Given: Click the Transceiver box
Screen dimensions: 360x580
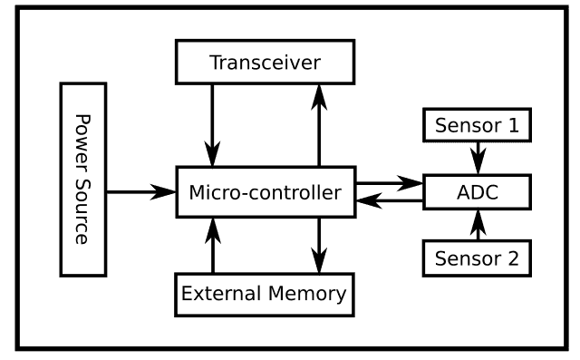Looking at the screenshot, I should pos(265,63).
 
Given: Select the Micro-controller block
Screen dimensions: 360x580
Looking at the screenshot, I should pos(265,192).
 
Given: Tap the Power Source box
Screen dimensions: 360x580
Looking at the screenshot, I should pos(83,180).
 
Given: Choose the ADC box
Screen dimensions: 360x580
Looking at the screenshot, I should pos(477,192).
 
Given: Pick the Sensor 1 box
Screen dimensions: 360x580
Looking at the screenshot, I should pos(477,126).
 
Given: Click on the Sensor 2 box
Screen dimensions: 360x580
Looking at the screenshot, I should pos(477,258).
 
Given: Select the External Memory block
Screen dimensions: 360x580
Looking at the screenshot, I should pos(264,294).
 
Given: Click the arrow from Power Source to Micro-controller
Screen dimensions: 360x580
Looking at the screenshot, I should pos(140,191).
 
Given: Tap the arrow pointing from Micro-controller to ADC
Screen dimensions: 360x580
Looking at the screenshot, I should pos(390,183).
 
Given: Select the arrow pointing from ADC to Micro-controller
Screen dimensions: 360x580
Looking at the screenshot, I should pos(390,202).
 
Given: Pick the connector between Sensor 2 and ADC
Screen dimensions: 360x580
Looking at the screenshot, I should pos(477,226).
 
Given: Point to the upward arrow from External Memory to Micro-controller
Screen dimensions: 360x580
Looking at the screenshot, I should pos(213,245).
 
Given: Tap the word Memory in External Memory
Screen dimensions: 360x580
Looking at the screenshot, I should pos(301,294).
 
